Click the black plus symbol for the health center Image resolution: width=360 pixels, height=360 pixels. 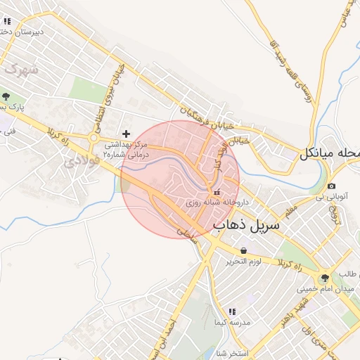(x=126, y=134)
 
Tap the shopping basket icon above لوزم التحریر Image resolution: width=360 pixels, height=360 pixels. (x=243, y=250)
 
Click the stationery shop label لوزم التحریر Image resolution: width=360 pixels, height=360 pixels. (x=243, y=262)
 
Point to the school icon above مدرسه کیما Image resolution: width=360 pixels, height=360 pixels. (x=232, y=311)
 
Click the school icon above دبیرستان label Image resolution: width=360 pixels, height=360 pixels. (x=7, y=21)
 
